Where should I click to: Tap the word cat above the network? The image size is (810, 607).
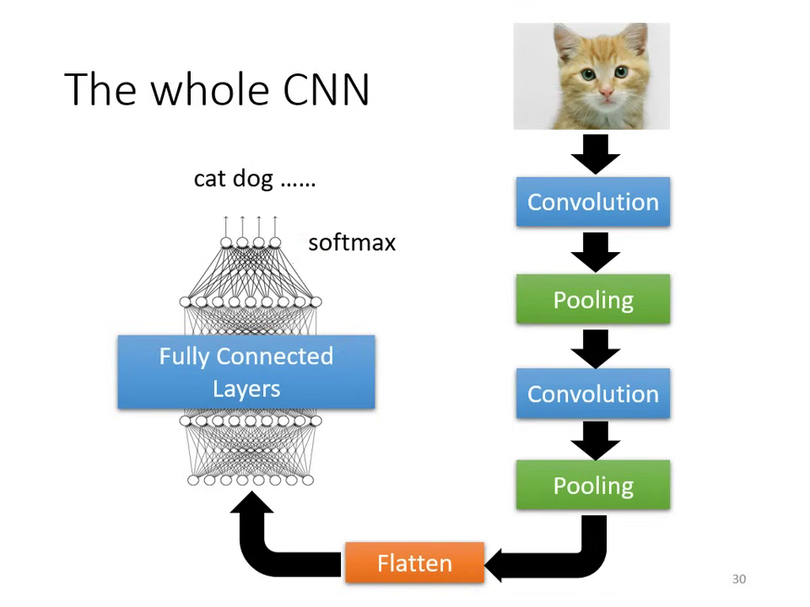[210, 179]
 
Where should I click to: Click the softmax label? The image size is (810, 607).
[352, 243]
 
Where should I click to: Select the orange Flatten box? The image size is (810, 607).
[414, 562]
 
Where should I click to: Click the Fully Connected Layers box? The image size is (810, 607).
[246, 372]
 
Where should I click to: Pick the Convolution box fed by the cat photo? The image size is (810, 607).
[592, 202]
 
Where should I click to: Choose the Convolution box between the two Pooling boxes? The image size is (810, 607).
[592, 394]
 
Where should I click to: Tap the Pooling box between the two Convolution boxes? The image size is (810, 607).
[592, 299]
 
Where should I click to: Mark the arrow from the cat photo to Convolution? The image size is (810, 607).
[595, 154]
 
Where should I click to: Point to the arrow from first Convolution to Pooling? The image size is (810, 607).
[595, 251]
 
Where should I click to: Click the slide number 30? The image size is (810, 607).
[738, 579]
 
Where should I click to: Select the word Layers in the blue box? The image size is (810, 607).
[246, 389]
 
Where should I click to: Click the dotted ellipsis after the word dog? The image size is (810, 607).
[297, 182]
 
